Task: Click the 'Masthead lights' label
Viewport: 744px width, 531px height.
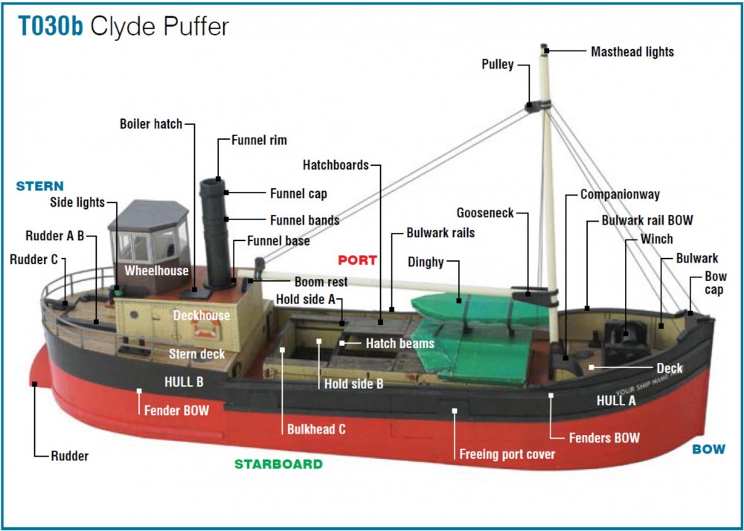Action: coord(632,52)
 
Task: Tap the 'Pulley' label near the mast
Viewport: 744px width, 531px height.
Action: coord(497,65)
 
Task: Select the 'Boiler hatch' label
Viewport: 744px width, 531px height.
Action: coord(150,124)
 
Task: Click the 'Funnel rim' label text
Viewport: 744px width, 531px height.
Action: coord(258,140)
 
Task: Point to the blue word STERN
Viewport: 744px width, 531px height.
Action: coord(39,186)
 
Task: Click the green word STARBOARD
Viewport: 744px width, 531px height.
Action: coord(278,464)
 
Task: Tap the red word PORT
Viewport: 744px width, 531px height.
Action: coord(357,260)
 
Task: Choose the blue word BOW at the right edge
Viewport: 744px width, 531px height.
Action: coord(708,449)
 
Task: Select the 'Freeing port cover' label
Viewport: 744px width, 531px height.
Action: coord(507,454)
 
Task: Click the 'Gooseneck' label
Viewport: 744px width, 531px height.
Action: coord(485,213)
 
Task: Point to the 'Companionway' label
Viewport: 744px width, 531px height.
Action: coord(620,195)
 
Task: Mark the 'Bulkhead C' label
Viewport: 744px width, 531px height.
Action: coord(316,429)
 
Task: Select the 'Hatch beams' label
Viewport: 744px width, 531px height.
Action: coord(400,344)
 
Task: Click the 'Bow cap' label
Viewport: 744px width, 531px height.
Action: coord(715,283)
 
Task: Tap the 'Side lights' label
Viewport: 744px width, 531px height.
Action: coord(77,202)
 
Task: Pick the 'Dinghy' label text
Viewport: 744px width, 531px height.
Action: coord(426,263)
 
